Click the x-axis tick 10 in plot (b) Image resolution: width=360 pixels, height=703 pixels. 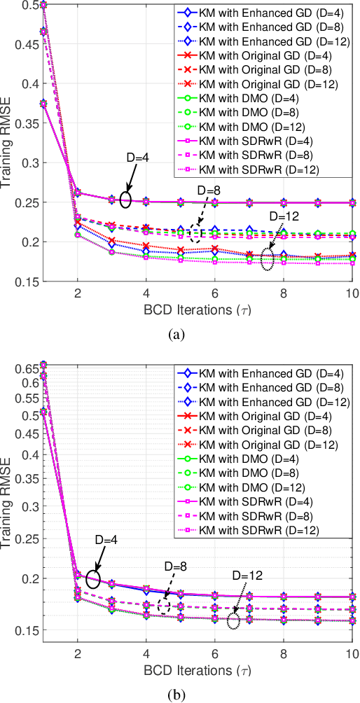(x=350, y=652)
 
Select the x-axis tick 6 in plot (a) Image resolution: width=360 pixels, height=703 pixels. (x=214, y=293)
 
